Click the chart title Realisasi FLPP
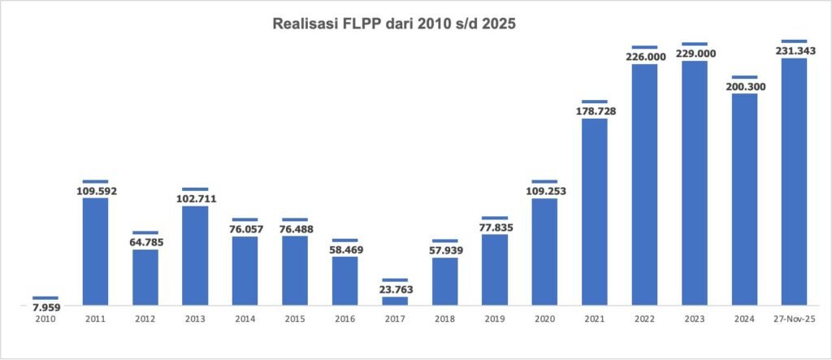pos(394,25)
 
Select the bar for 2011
pos(95,251)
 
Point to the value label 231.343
pos(794,50)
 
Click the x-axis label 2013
pos(195,319)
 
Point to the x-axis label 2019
pos(495,319)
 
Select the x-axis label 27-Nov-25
pos(794,319)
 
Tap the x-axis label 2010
pos(45,319)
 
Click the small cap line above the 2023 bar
pos(695,44)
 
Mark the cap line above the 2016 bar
pos(344,241)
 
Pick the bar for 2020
pos(544,252)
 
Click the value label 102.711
pos(195,198)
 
